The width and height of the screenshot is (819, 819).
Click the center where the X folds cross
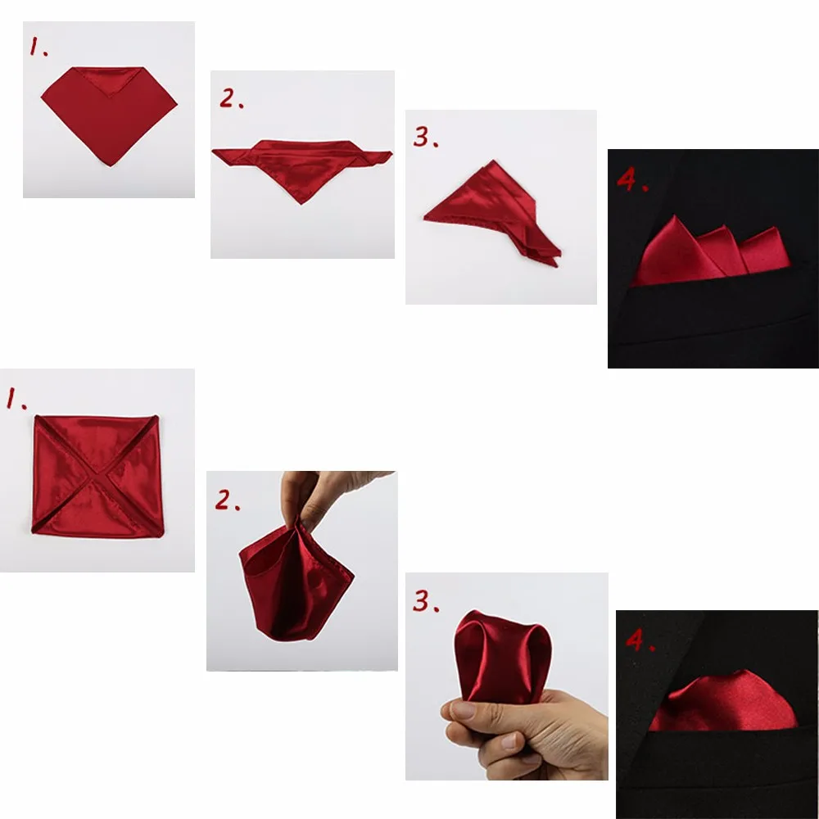point(97,474)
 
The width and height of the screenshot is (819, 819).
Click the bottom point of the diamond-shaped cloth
point(110,166)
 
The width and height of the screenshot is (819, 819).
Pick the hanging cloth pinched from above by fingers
point(296,580)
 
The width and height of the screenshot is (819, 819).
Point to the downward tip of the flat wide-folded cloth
point(300,203)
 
